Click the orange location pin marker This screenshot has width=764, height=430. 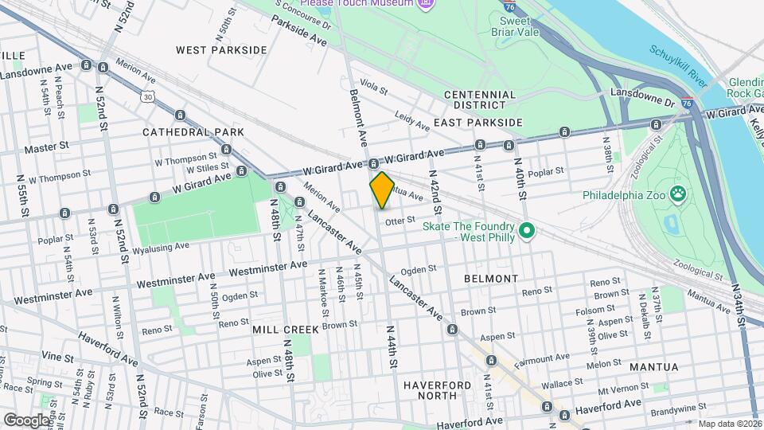pos(382,190)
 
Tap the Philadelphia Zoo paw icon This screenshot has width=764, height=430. pos(677,193)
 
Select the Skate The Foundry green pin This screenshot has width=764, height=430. pos(526,232)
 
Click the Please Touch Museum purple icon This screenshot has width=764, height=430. pos(427,3)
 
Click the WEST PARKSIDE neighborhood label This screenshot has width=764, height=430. pos(221,49)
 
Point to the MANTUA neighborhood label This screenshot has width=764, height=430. pos(653,367)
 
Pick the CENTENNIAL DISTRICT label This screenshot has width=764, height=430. pos(480,100)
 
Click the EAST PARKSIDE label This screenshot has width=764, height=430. pos(477,123)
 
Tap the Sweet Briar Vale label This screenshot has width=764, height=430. pos(519,26)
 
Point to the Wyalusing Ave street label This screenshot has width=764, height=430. pos(160,247)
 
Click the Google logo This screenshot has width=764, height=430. pos(26,420)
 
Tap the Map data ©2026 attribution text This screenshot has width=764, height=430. pos(729,424)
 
